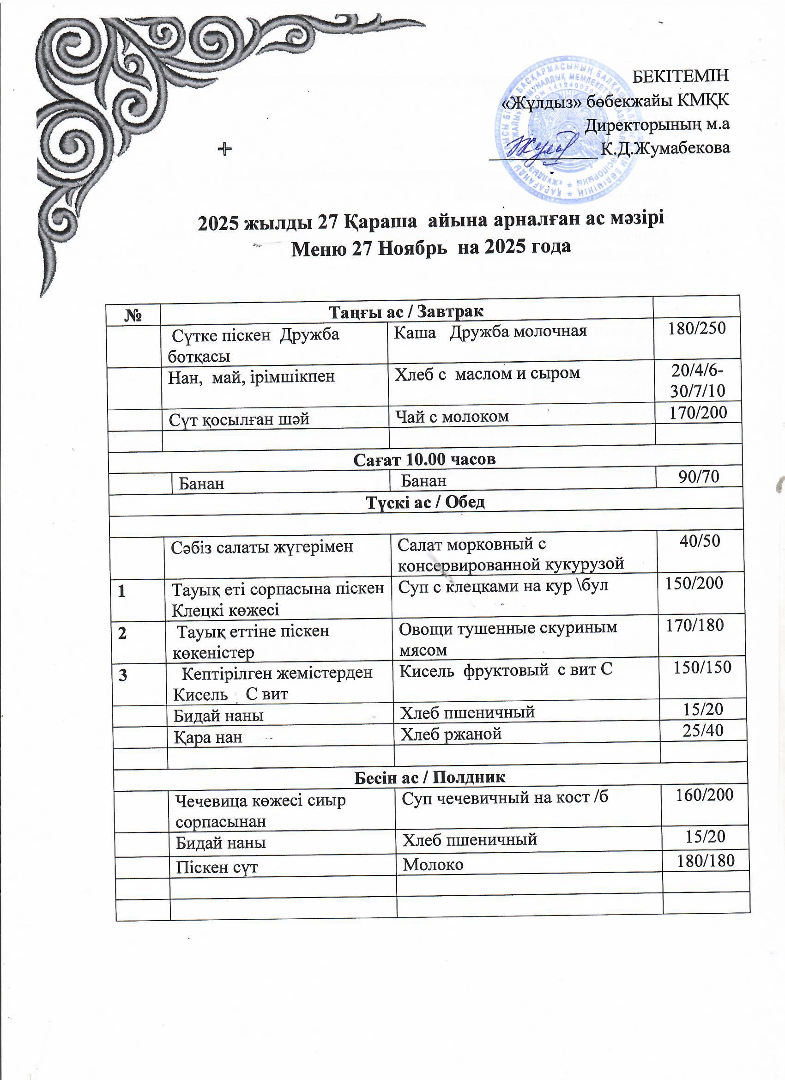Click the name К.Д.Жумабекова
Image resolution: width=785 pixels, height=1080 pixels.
tap(665, 148)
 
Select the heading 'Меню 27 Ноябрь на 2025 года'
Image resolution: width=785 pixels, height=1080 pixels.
tap(431, 248)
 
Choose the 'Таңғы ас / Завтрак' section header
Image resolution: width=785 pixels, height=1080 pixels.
tap(406, 311)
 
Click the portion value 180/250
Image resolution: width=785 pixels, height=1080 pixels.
tap(696, 328)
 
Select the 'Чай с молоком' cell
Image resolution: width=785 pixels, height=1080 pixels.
tap(452, 416)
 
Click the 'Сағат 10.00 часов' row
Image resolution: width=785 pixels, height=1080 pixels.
tap(424, 459)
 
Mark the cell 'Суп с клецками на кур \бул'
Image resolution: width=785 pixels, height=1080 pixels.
tap(503, 586)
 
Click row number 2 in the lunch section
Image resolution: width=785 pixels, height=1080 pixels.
tap(123, 634)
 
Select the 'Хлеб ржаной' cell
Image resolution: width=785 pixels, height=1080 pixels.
tap(451, 734)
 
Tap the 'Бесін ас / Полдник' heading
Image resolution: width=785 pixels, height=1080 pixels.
tap(430, 777)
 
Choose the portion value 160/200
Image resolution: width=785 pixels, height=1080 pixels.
tap(705, 794)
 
